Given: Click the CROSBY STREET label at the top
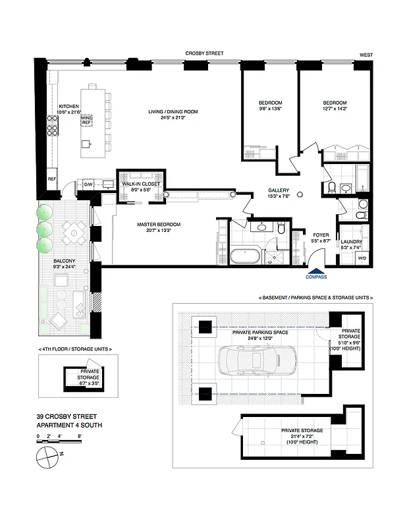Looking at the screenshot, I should [205, 53].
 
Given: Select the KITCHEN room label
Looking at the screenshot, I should [68, 106].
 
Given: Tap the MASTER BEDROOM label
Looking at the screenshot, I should [158, 224].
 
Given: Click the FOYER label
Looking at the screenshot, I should [321, 235].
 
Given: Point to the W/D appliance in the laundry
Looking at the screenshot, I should [362, 258].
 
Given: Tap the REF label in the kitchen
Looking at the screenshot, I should [51, 179].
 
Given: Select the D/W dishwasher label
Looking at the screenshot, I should [88, 184].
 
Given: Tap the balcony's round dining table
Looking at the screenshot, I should [73, 231].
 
